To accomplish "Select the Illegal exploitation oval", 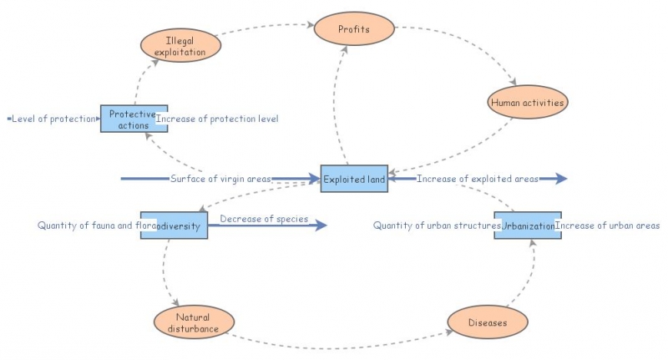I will (180, 45).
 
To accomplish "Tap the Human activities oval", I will (527, 103).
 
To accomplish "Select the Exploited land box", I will (354, 179).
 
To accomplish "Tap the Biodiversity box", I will (174, 226).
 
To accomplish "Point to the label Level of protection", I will (53, 119).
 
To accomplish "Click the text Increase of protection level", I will (217, 119).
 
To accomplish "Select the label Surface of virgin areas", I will (220, 179).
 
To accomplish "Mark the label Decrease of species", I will (264, 220).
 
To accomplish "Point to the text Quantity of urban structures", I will (436, 226).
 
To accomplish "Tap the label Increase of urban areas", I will (608, 226).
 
